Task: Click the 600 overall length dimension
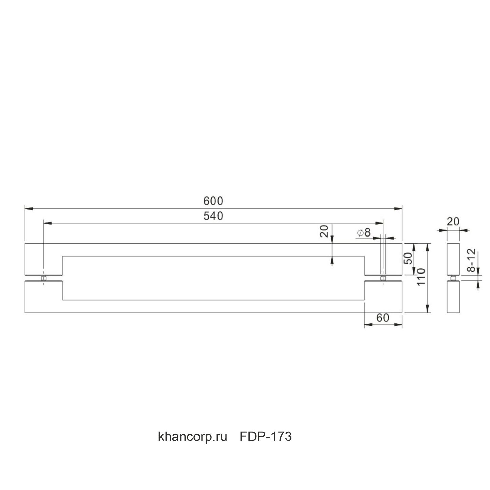point(213,201)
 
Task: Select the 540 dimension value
point(213,216)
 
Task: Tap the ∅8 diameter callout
point(364,232)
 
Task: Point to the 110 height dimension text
point(421,277)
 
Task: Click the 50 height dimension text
point(408,259)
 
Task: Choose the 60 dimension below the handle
point(383,318)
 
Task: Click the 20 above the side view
point(453,222)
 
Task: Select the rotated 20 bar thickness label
point(324,231)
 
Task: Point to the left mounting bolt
point(44,278)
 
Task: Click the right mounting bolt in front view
point(383,278)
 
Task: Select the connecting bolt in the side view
point(453,278)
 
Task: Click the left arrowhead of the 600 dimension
point(29,209)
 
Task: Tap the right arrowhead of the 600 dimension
point(398,209)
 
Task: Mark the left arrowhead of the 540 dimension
point(48,223)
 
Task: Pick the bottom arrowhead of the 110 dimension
point(428,308)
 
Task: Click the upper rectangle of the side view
point(453,259)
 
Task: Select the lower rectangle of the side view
point(453,297)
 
